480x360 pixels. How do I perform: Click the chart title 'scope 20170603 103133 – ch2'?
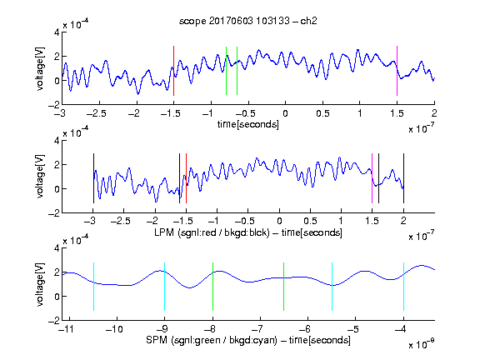coord(248,21)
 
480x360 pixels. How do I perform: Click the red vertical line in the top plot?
coord(173,71)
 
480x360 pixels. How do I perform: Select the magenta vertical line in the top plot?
coord(397,71)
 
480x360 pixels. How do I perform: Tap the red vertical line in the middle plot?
coord(186,178)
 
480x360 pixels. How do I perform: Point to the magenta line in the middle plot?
coord(372,178)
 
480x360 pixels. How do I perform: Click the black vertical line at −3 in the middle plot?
coord(93,178)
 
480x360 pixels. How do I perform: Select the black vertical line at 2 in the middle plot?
coord(403,178)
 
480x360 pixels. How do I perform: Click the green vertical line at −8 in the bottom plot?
coord(212,287)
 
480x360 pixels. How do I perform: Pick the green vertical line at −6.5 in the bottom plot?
coord(284,287)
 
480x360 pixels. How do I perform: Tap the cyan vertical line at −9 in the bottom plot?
coord(165,287)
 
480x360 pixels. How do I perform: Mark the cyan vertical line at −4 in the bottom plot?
coord(403,287)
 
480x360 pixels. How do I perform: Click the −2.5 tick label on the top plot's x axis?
coord(96,113)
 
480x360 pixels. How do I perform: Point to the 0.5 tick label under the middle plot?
coord(310,221)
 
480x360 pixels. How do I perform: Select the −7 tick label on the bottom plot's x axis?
coord(259,329)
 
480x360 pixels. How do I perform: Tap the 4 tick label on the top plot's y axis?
coord(57,32)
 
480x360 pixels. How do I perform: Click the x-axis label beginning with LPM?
coord(248,232)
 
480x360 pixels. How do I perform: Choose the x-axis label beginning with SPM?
coord(248,340)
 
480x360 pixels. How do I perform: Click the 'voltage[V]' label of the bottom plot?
coord(40,284)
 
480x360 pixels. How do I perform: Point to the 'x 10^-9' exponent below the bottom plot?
coord(422,344)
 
